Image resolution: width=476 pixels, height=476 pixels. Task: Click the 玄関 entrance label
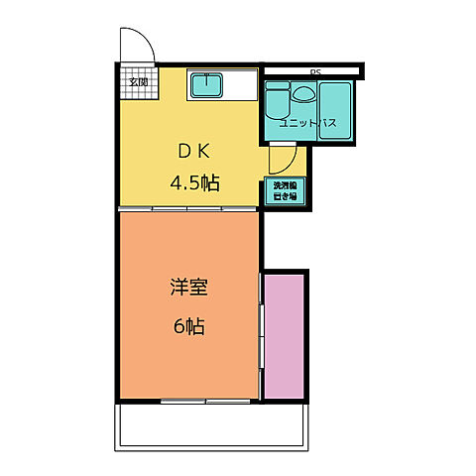tap(137, 82)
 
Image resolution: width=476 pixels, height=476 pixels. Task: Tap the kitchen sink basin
tap(205, 86)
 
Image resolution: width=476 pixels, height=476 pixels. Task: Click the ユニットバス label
tap(307, 124)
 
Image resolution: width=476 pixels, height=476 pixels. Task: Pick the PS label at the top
tap(315, 72)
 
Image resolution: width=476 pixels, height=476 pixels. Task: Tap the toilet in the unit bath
tap(277, 99)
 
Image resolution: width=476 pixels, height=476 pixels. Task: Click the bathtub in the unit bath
tap(339, 103)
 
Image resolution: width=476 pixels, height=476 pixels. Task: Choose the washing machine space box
tap(286, 191)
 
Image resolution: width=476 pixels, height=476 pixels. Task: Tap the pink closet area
tap(285, 334)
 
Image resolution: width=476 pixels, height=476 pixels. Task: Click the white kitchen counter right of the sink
tap(241, 86)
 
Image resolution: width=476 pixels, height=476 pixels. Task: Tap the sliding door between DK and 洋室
tap(188, 209)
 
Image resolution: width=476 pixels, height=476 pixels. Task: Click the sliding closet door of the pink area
tap(263, 334)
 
